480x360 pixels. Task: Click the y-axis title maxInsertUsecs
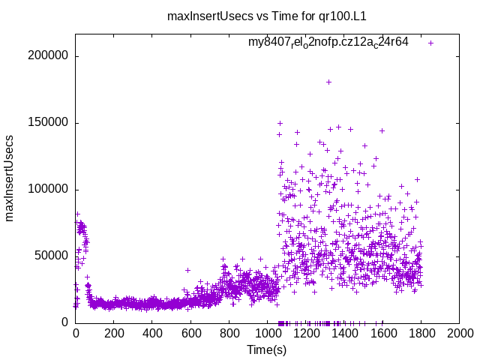pos(10,178)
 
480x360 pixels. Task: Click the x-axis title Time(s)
pos(266,349)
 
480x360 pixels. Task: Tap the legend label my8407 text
pos(328,43)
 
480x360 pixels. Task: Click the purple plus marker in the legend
pos(430,43)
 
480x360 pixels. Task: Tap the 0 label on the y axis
pos(66,322)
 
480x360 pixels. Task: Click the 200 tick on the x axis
pos(114,334)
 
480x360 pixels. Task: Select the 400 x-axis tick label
pos(152,334)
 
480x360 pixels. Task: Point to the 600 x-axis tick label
pos(190,334)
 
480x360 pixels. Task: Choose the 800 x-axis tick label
pos(229,334)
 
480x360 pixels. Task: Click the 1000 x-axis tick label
pos(267,334)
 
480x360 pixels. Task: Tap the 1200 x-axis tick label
pos(306,334)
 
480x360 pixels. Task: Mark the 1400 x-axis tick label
pos(344,334)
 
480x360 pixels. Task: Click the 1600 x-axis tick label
pos(382,334)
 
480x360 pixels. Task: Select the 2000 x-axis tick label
pos(459,334)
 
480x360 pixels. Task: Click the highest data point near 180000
pos(328,82)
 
